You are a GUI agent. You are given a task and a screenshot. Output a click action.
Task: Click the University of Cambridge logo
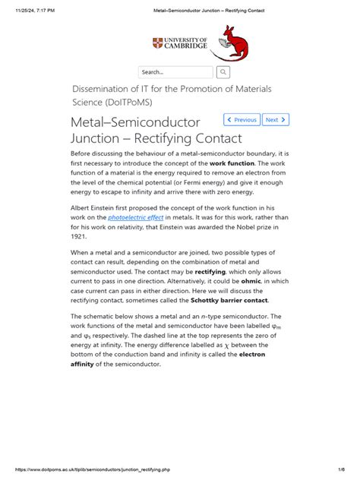coord(179,45)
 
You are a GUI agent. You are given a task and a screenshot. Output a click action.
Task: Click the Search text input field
coord(175,72)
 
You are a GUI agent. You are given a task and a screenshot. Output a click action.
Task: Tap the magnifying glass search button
coord(223,72)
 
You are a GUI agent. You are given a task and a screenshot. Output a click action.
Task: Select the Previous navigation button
coord(242,119)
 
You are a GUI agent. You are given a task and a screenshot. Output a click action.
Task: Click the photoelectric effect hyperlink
coord(136,216)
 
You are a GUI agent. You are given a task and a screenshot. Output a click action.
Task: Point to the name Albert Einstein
coord(95,207)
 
